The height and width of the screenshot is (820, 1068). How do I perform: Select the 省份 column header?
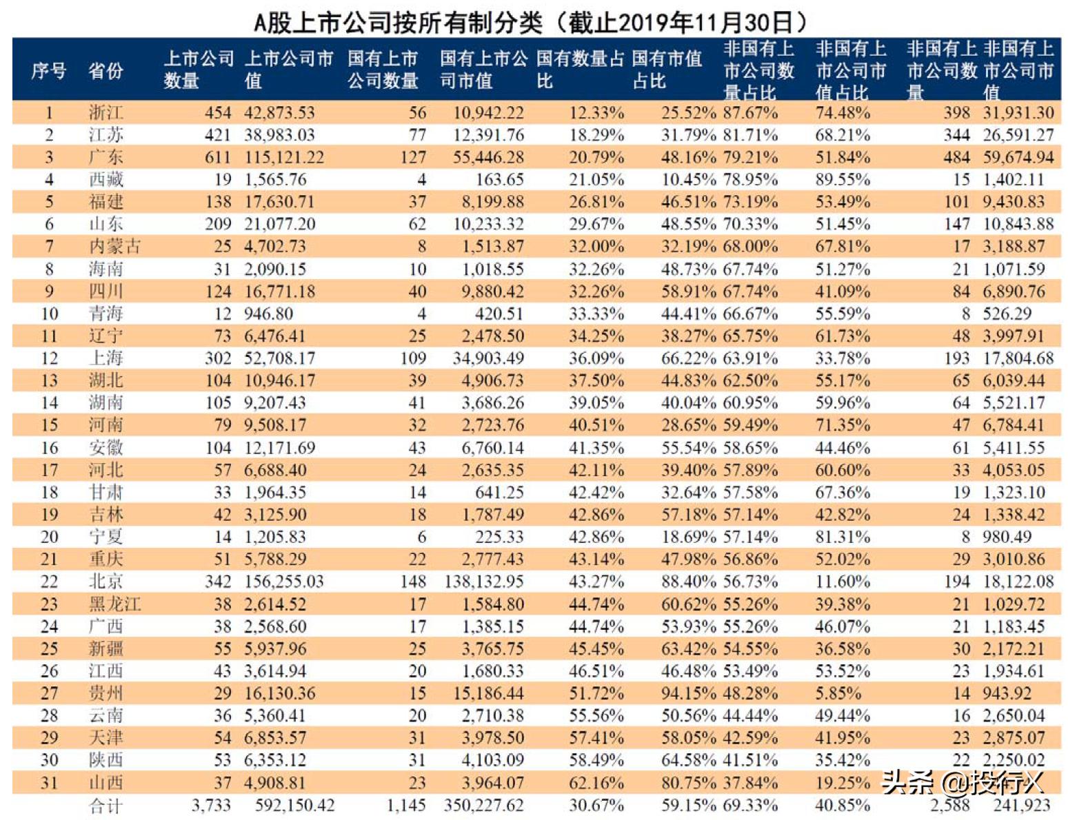tap(105, 70)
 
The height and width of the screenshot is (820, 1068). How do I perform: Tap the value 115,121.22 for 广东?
tap(283, 157)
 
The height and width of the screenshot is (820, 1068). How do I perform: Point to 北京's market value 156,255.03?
tap(283, 582)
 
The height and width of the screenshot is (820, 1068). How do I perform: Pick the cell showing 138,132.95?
tap(484, 582)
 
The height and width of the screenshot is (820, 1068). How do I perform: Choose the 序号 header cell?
tap(49, 70)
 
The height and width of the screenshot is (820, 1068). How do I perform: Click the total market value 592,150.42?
tap(294, 805)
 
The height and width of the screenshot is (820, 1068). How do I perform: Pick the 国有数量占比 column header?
tap(579, 70)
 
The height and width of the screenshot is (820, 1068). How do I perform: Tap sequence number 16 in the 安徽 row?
tap(49, 448)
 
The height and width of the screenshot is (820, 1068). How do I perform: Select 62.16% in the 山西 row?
tap(596, 783)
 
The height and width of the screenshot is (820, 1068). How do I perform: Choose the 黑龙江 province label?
tap(114, 604)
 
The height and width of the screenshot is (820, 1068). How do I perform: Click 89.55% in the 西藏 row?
tap(842, 180)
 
